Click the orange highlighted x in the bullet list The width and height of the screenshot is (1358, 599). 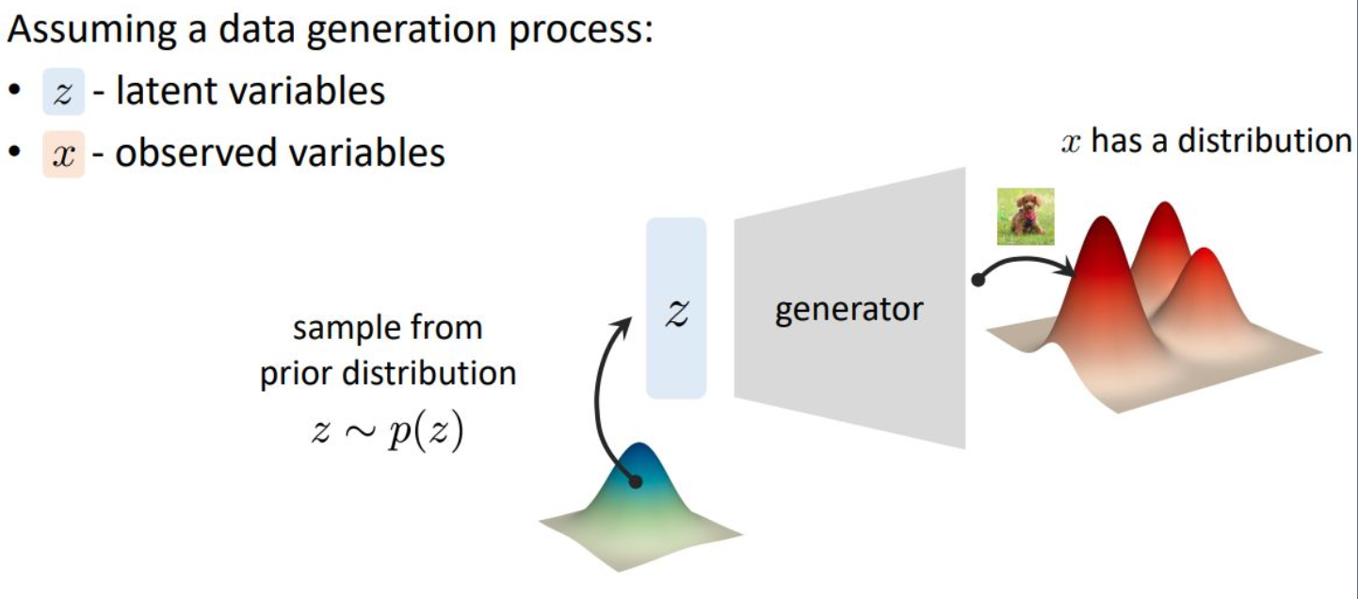63,154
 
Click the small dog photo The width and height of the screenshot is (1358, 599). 1026,217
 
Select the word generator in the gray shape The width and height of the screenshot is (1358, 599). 849,309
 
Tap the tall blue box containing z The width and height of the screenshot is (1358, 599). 675,308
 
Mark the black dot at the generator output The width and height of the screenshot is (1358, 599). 978,280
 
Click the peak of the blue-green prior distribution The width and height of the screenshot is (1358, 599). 640,449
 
